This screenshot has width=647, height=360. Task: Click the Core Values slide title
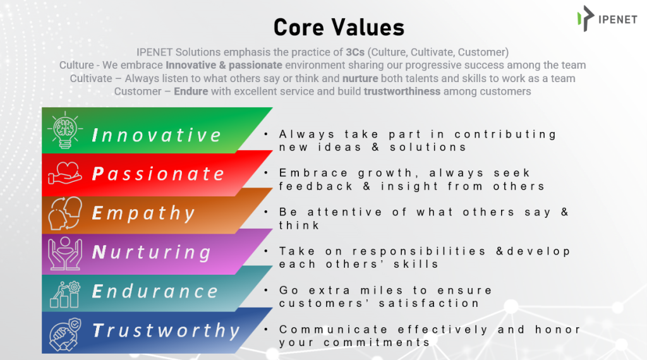pos(339,27)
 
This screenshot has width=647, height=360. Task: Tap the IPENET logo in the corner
pos(607,18)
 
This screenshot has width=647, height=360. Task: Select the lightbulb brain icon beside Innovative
pos(65,130)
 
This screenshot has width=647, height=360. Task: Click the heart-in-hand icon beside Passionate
pos(65,173)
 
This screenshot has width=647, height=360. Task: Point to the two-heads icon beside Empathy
pos(65,213)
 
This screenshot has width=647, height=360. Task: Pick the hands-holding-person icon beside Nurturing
pos(65,253)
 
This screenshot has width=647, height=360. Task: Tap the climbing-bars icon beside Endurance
pos(65,294)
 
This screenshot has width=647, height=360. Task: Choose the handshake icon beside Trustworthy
pos(65,334)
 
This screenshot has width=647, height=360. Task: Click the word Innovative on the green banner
pos(157,135)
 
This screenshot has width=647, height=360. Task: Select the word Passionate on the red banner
pos(158,174)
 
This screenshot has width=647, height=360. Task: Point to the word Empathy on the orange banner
pos(143,213)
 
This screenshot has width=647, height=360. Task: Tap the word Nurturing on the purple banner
pos(152,253)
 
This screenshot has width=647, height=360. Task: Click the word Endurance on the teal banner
pos(155,292)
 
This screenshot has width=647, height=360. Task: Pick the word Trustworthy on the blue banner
pos(166,331)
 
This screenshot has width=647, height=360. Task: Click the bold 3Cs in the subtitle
pos(355,52)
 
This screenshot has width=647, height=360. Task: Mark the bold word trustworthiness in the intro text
pos(402,91)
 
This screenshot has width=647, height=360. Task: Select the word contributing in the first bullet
pos(505,135)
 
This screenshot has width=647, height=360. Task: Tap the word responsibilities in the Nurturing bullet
pos(419,251)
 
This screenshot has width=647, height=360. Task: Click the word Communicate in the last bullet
pos(334,330)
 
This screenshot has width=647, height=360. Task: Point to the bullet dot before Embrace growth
pos(266,173)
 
